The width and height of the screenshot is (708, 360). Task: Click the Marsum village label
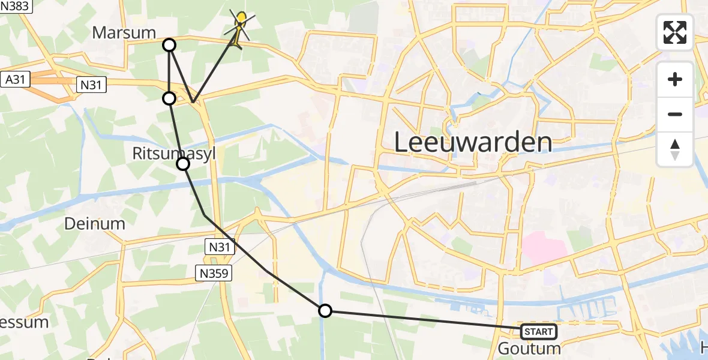[x=124, y=32]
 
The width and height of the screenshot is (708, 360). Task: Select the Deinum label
[x=95, y=224]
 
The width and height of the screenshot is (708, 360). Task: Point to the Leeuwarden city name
[x=473, y=143]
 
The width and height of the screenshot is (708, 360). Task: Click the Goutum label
[x=530, y=349]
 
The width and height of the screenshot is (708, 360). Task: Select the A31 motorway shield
[x=16, y=79]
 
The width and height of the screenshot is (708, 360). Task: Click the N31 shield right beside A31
[x=91, y=86]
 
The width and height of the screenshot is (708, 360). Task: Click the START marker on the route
[x=538, y=331]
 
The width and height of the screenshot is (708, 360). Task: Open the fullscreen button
[x=675, y=32]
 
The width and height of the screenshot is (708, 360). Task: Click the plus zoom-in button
[x=675, y=79]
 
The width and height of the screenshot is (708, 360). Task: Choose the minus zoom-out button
[x=675, y=114]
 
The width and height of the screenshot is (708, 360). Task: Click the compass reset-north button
[x=675, y=149]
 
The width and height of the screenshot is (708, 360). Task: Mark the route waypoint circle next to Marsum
[x=170, y=45]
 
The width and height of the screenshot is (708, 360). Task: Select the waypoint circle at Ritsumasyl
[x=183, y=164]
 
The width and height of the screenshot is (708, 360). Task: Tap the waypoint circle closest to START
[x=325, y=311]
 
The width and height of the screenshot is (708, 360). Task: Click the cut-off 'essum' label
[x=24, y=322]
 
